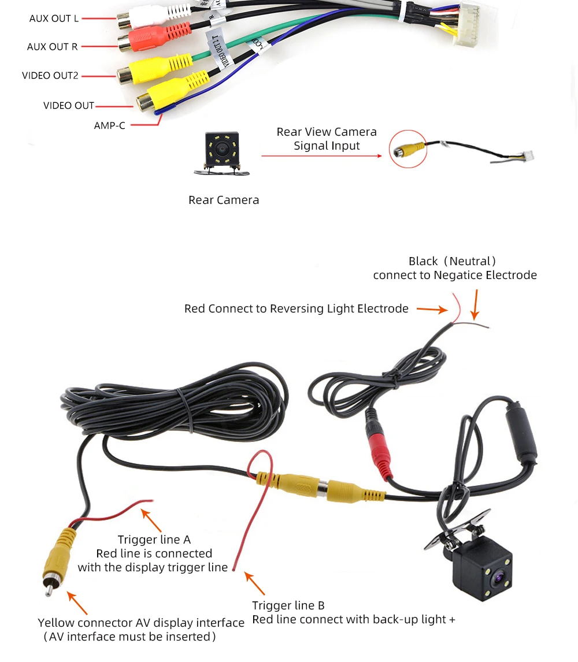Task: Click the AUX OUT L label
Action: click(54, 18)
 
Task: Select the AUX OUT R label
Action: click(52, 47)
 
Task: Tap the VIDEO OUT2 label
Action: click(50, 76)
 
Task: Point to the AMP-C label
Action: click(109, 125)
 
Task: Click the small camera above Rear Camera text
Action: click(221, 151)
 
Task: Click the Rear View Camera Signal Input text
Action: click(327, 139)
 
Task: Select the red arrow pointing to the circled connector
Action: click(321, 156)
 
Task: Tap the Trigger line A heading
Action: click(154, 540)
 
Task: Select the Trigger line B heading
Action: click(288, 605)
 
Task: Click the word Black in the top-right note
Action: click(423, 261)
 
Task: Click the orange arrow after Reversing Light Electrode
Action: click(432, 310)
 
